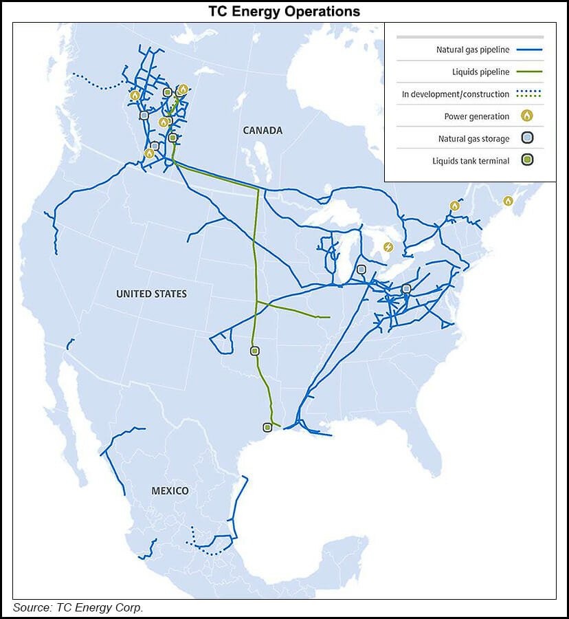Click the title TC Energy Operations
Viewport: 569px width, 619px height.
[284, 12]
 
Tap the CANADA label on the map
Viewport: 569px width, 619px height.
[263, 131]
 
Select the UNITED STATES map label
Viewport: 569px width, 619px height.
[151, 294]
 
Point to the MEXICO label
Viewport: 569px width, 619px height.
[170, 490]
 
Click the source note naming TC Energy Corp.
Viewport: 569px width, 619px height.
[78, 607]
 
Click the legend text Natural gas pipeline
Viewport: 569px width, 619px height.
[473, 50]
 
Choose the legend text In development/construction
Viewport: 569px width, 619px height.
[456, 94]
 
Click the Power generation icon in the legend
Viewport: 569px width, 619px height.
[527, 116]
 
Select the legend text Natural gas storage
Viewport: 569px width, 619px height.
[473, 139]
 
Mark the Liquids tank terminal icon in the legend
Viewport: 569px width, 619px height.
[527, 161]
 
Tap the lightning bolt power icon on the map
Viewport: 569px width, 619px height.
[388, 247]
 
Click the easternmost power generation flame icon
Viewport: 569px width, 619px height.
[508, 201]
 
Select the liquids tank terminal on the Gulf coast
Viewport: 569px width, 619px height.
[267, 427]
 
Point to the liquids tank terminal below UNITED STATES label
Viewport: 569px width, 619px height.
[255, 351]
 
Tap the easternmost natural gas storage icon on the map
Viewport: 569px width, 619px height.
[406, 289]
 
